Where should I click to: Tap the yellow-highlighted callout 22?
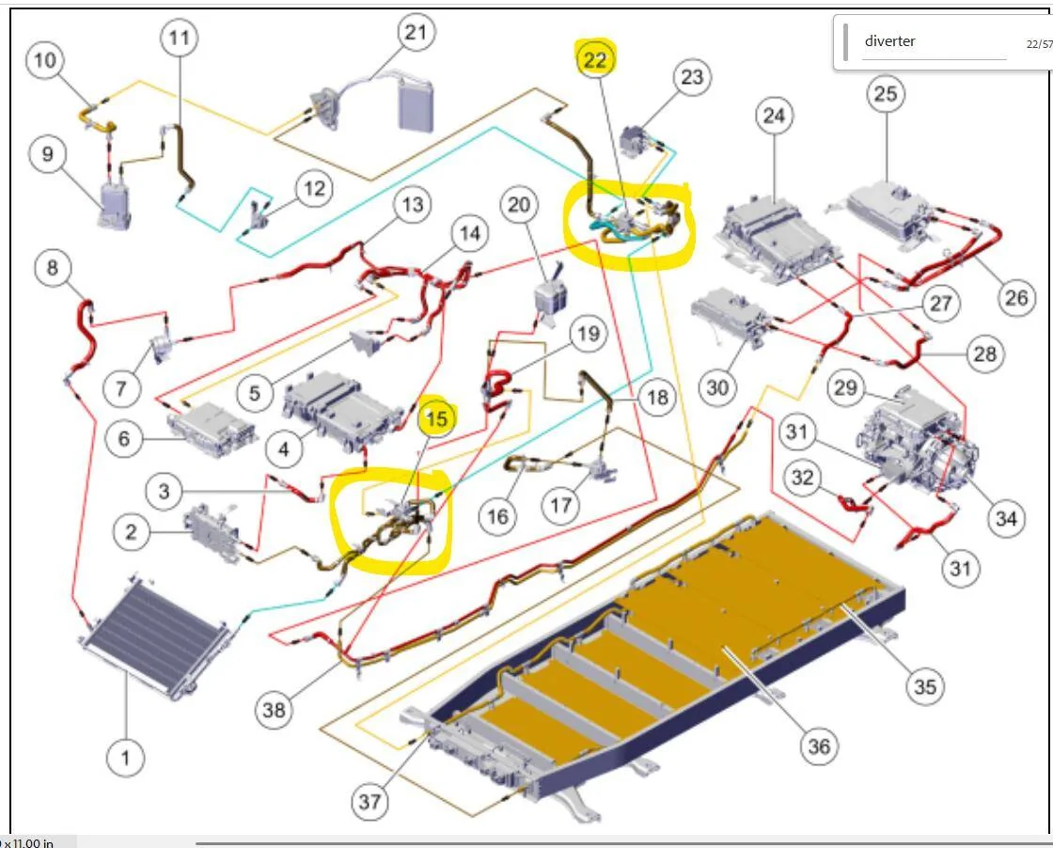pos(596,60)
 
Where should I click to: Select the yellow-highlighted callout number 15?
pos(437,418)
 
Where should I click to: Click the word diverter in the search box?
pos(889,41)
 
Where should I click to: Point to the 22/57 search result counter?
pos(1038,43)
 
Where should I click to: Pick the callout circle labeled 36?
pos(819,746)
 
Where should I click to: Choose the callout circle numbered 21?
pos(416,33)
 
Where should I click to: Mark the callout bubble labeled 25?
pos(885,93)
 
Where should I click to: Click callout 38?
pos(274,710)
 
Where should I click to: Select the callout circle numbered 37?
pos(369,802)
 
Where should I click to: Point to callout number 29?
pos(846,388)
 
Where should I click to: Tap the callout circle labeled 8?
pos(53,268)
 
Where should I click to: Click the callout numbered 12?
pos(314,189)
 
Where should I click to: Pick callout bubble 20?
pos(519,204)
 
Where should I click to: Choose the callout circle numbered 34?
pos(1006,517)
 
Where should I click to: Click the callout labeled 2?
pos(131,532)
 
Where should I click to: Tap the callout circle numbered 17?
pos(561,506)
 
